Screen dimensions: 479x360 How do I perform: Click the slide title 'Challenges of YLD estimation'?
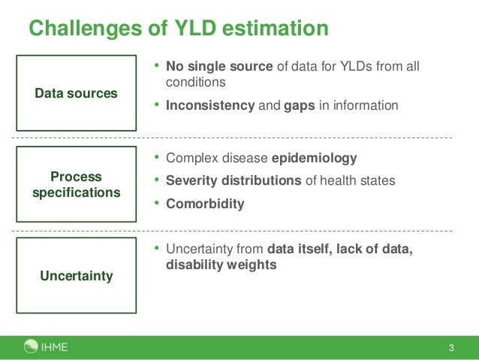(179, 28)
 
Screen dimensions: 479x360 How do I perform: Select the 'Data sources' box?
(76, 93)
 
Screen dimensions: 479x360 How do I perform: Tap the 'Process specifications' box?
(76, 184)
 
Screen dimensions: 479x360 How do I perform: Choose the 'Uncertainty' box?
(76, 276)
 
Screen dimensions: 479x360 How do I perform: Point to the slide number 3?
(451, 347)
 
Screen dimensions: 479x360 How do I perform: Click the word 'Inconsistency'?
(210, 105)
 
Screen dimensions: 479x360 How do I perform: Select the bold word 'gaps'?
(300, 105)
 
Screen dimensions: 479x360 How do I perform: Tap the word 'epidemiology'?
(314, 159)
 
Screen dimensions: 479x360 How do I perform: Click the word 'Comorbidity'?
(205, 204)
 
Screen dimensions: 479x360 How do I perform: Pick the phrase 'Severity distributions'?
(233, 181)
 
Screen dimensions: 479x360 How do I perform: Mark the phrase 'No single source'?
(219, 67)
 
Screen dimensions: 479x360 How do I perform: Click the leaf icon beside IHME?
(31, 346)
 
